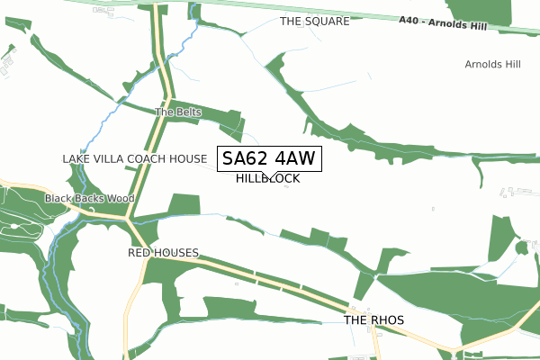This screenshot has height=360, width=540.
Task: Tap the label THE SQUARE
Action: click(x=314, y=21)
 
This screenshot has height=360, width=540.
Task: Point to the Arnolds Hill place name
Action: click(x=492, y=65)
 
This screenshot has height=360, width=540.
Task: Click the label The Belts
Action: click(x=178, y=112)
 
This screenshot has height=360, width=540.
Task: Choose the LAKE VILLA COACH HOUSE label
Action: click(x=134, y=158)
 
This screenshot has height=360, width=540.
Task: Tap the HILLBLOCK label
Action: click(x=268, y=179)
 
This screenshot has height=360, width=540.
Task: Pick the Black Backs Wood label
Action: click(x=90, y=198)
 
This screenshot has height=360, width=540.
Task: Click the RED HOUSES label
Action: click(x=163, y=253)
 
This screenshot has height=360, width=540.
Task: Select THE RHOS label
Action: click(x=374, y=320)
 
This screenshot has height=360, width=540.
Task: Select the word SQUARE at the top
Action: click(x=328, y=21)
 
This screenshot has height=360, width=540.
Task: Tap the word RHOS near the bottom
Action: click(x=388, y=320)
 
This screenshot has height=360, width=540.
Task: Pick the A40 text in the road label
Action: click(x=409, y=24)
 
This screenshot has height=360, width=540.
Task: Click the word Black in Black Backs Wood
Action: click(x=60, y=198)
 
